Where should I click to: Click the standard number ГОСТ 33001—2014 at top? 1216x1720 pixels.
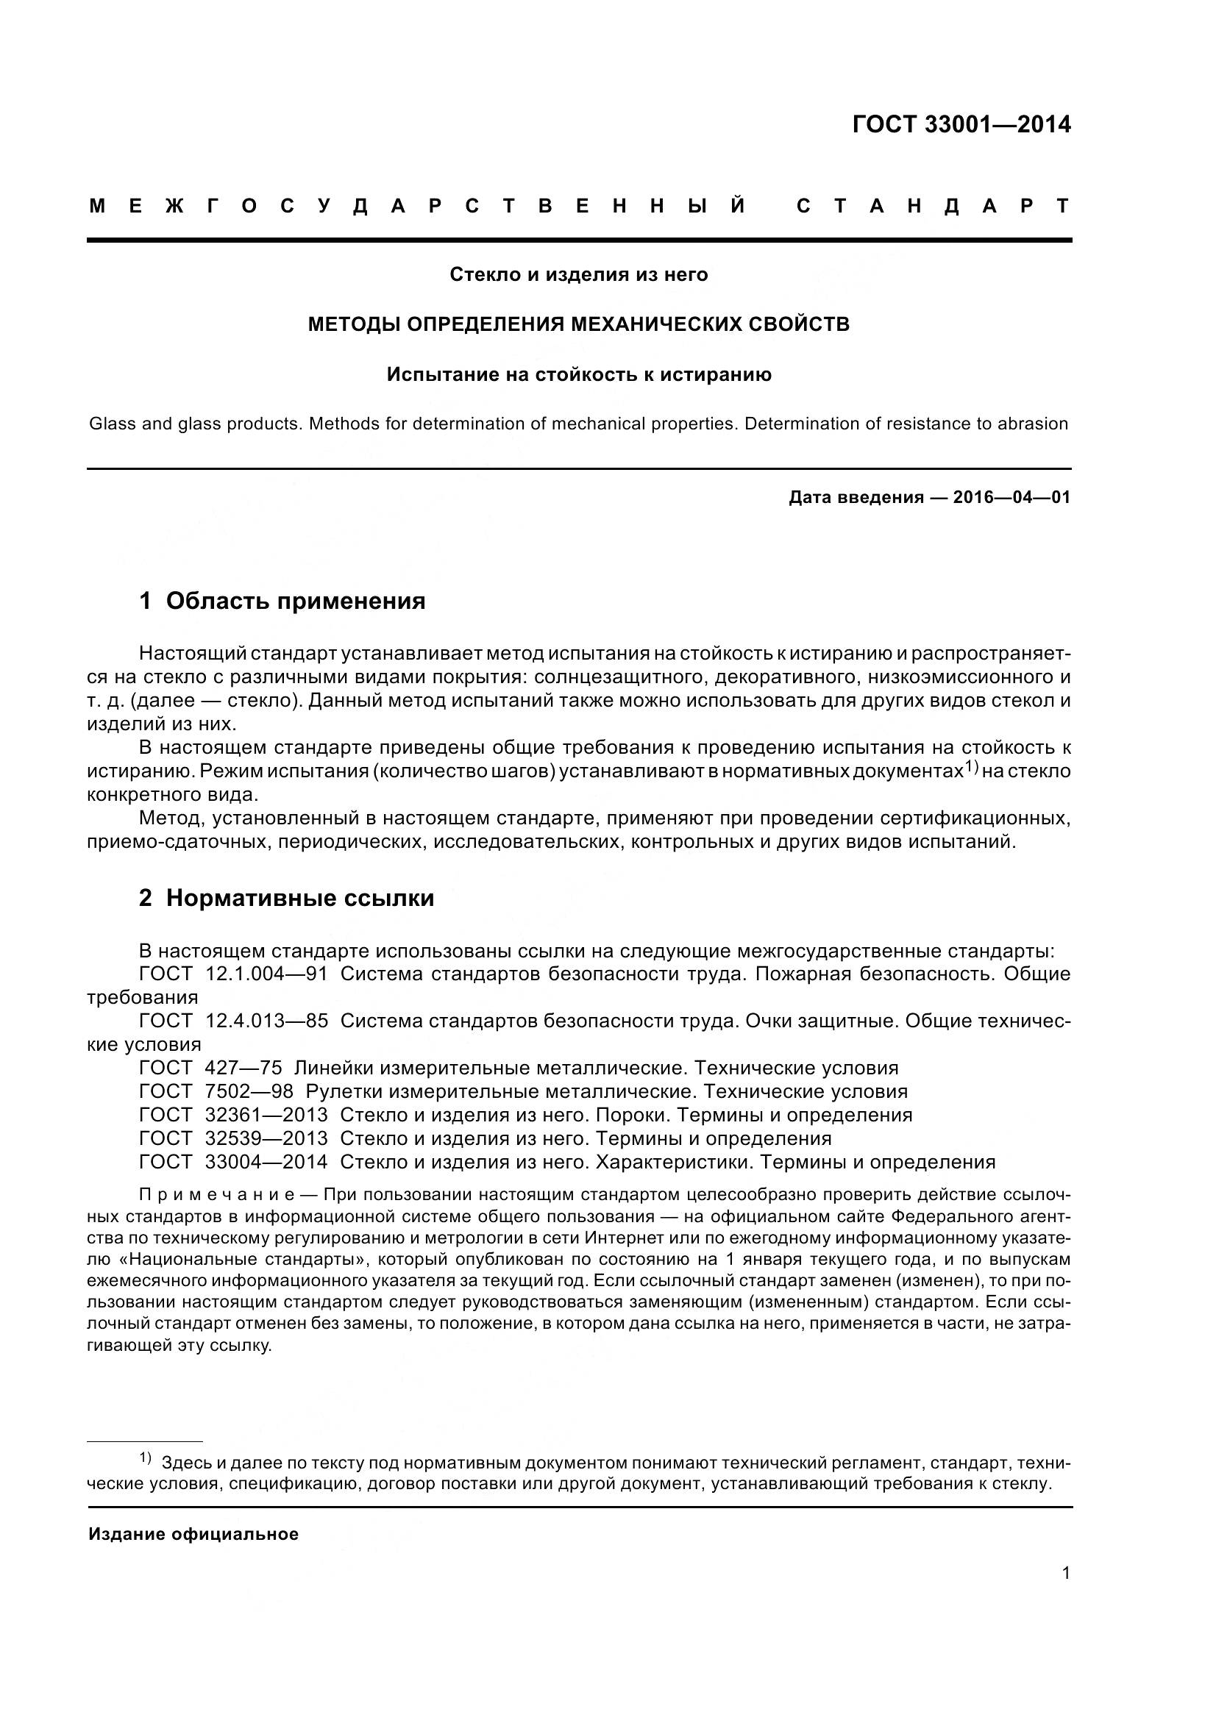(x=961, y=124)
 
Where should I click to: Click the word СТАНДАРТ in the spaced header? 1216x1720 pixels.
(x=933, y=206)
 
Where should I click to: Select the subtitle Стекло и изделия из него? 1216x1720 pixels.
(x=578, y=275)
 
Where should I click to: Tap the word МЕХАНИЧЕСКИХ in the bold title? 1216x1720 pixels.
(x=655, y=324)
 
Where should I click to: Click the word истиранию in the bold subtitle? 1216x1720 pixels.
(x=717, y=374)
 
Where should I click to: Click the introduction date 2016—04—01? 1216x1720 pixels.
(x=1011, y=497)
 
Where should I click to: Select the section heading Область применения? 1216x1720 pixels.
(x=295, y=601)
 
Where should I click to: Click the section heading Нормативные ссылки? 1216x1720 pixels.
(x=299, y=897)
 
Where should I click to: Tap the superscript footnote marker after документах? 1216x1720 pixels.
(x=972, y=766)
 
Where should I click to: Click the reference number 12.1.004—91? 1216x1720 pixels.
(x=266, y=974)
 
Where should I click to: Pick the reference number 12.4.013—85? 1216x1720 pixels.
(x=266, y=1021)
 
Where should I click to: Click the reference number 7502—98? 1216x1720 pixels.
(x=249, y=1091)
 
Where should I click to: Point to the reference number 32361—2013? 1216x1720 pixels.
(x=266, y=1115)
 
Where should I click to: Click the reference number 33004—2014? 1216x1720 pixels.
(x=266, y=1162)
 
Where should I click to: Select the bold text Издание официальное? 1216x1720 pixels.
(x=193, y=1534)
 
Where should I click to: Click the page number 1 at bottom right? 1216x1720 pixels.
(x=1065, y=1573)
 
